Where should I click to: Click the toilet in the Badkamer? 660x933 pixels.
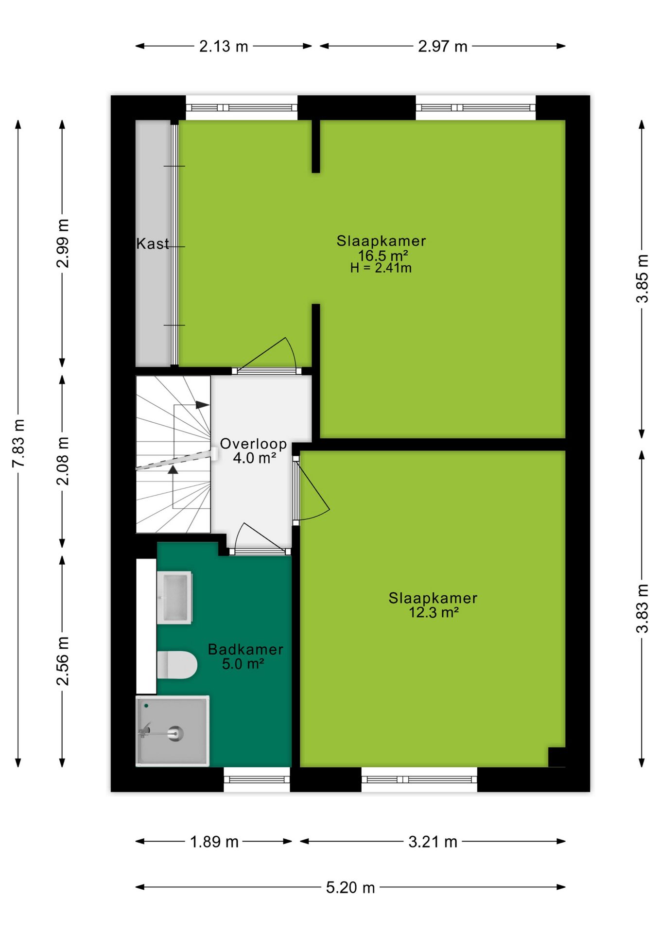tap(177, 665)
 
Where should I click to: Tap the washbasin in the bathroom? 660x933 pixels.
tap(174, 598)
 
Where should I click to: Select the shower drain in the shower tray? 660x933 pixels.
tap(175, 733)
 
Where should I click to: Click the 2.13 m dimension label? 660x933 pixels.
tap(224, 47)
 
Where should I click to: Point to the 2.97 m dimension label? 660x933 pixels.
tap(443, 47)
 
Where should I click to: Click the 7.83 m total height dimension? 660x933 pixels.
tap(18, 443)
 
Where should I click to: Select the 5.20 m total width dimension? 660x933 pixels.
tap(350, 888)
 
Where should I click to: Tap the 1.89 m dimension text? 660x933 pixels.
tap(214, 842)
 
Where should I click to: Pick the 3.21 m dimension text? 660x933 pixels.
tap(433, 842)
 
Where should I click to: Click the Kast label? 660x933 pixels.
tap(153, 243)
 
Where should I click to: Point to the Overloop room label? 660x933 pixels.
tap(253, 444)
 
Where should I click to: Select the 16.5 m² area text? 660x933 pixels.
tap(383, 256)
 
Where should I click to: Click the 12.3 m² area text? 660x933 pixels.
tap(434, 612)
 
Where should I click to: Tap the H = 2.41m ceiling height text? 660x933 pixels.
tap(381, 268)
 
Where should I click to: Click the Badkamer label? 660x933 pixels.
tap(245, 649)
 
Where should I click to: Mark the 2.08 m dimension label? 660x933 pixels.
tap(63, 461)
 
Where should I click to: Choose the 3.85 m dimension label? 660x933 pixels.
tap(643, 278)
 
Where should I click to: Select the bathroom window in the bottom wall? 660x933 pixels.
tap(257, 779)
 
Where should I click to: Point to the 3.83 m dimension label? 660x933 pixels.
tap(643, 608)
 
